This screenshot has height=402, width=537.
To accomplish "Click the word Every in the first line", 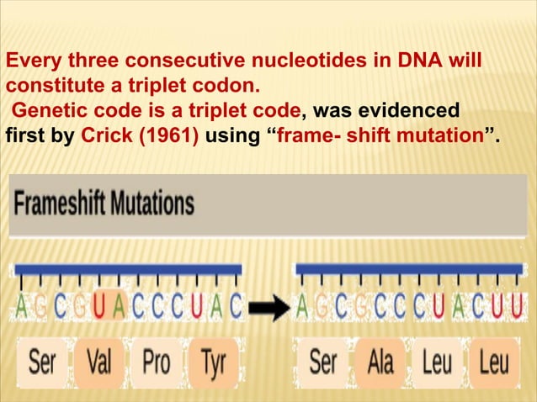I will pos(30,61).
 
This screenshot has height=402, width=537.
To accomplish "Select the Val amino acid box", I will pos(99,363).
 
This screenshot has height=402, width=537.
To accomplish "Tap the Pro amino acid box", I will pos(156,363).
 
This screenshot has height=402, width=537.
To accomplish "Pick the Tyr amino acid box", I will pos(212,363).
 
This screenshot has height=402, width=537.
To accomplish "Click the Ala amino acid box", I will pos(380,363).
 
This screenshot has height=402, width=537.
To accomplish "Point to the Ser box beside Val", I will pos(42,363).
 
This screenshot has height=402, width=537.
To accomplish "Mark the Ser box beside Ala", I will pos(323,363).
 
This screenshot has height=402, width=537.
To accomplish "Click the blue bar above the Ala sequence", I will pos(410,268).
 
